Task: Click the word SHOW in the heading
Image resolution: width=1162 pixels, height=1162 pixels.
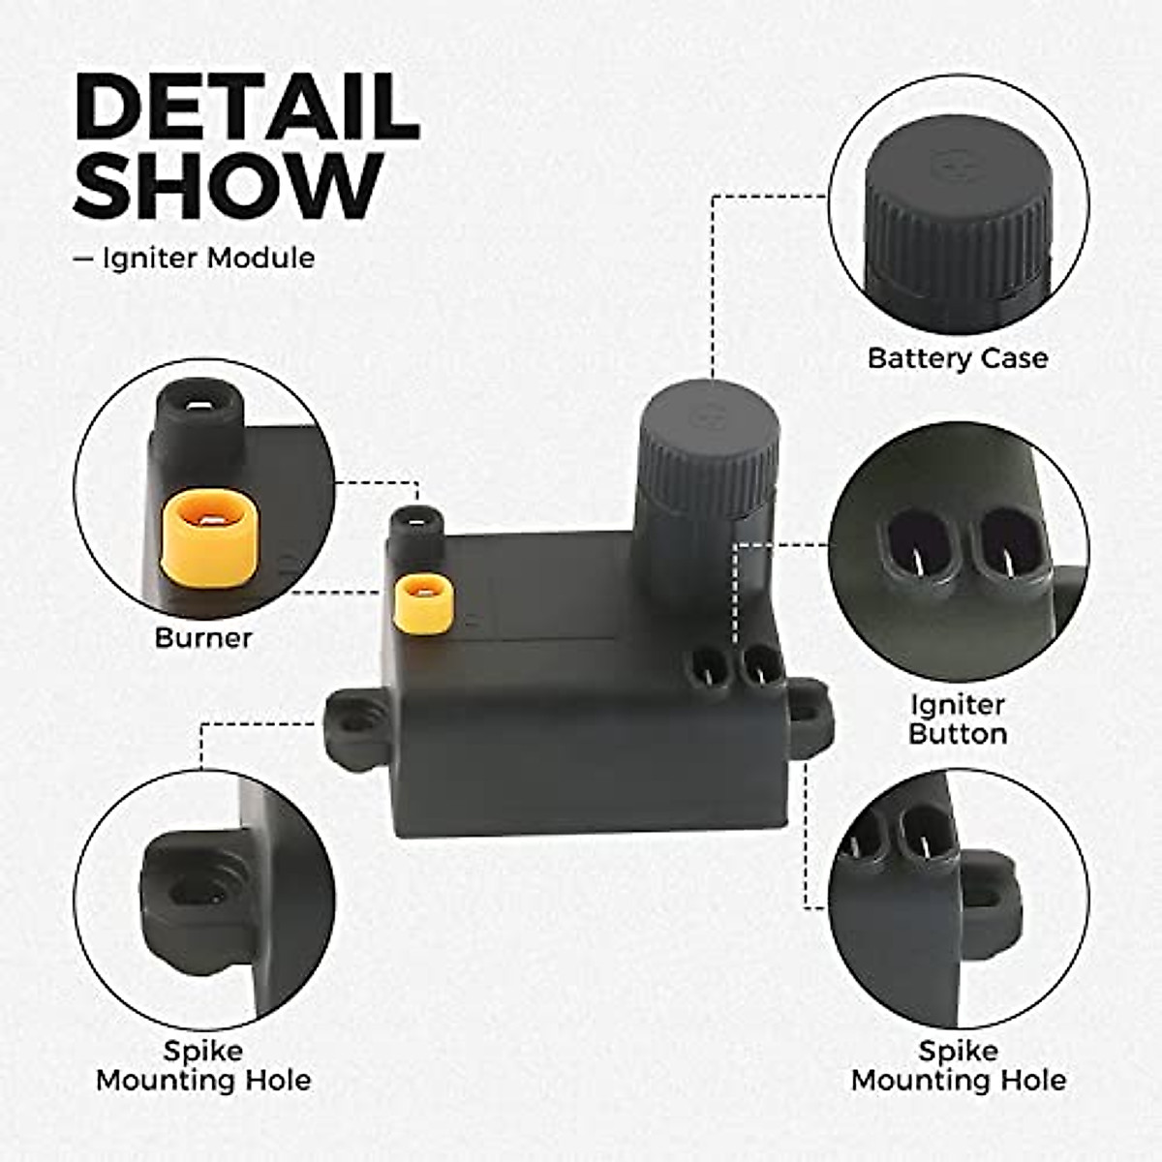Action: tap(228, 187)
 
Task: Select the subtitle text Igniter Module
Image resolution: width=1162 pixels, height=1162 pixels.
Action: tap(207, 259)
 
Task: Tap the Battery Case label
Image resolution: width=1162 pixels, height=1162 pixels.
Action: tap(957, 358)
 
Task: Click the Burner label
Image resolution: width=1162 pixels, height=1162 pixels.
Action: tap(203, 638)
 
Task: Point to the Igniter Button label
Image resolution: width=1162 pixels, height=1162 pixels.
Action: tap(958, 719)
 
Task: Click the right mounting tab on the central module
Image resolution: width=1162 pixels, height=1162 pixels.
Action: tap(807, 713)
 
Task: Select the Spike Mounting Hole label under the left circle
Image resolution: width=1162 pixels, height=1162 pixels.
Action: tap(203, 1065)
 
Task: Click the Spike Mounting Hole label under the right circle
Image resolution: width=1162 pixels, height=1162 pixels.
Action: tap(958, 1065)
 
